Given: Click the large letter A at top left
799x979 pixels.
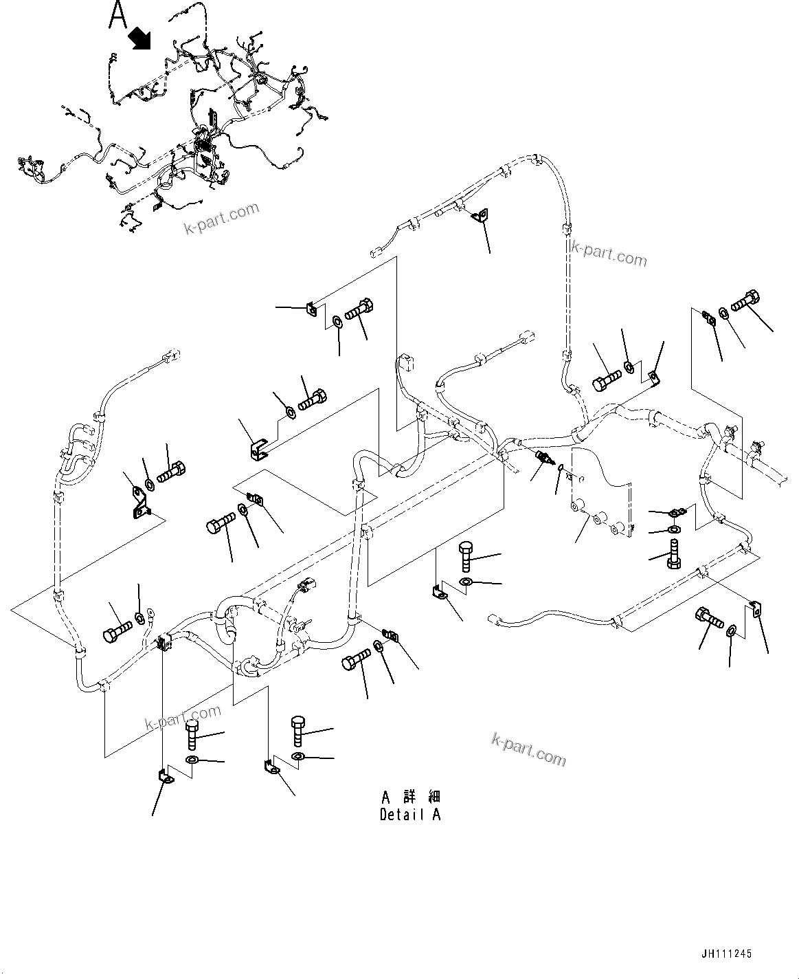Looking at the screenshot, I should point(118,15).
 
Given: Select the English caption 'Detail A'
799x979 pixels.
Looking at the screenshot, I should point(410,815).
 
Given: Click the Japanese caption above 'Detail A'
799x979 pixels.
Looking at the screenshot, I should point(411,797).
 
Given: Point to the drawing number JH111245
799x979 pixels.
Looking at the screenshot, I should point(727,954).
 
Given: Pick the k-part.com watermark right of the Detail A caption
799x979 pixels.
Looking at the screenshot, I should point(529,749).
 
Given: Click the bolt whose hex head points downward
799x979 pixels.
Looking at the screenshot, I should point(673,555).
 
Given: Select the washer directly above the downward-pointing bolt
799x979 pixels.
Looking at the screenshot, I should point(675,529).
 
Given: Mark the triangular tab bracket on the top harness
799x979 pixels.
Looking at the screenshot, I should point(480,216).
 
